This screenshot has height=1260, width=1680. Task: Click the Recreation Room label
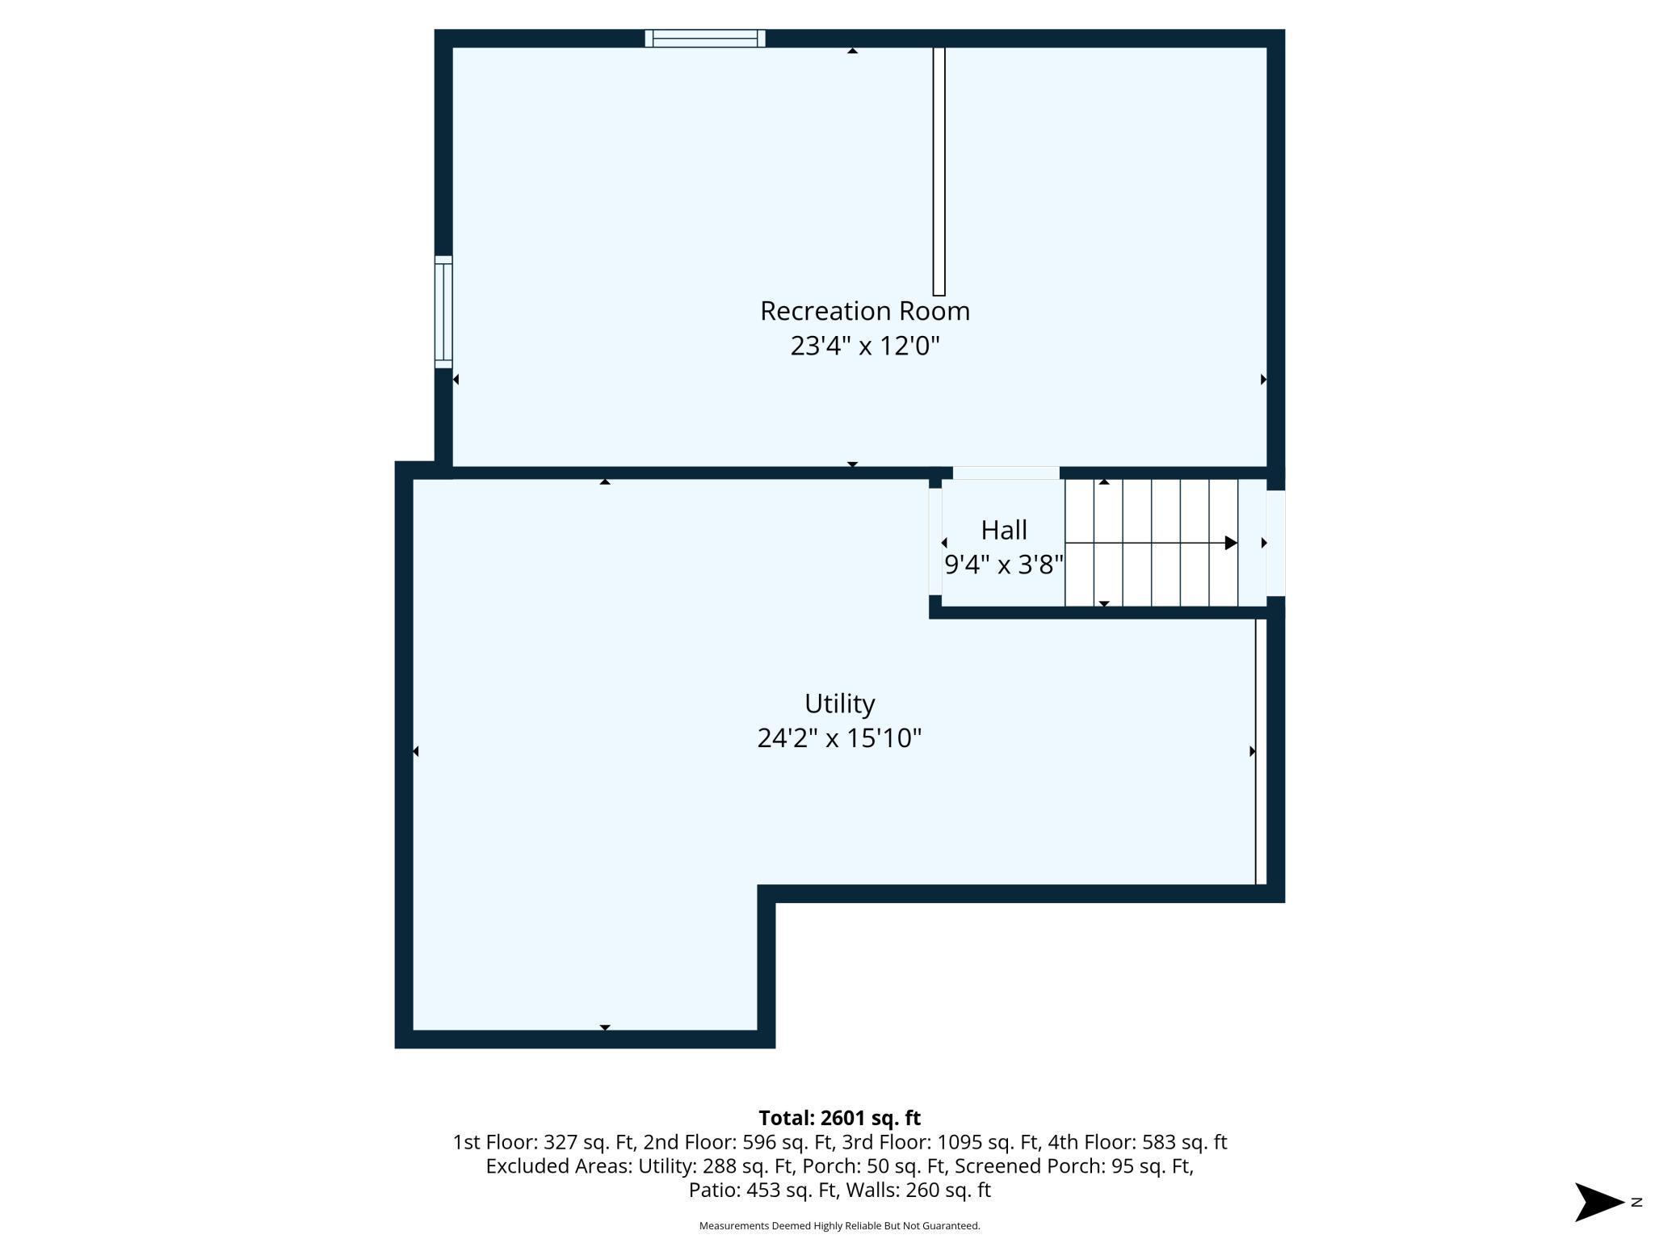(864, 311)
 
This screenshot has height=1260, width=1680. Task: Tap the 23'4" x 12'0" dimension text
(864, 346)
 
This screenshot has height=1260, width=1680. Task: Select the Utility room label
(839, 703)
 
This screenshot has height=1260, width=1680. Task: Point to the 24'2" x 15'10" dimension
(839, 738)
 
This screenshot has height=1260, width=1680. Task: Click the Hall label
(1004, 530)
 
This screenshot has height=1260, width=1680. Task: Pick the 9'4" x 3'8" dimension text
(1004, 565)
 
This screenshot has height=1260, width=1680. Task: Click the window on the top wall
(704, 38)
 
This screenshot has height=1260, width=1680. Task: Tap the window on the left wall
(443, 312)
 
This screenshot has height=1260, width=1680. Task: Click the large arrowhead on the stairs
(1231, 543)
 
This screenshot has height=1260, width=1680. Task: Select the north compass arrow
(1599, 1202)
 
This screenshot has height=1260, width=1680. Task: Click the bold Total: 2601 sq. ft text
(839, 1118)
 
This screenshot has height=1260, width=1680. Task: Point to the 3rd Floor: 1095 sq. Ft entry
(939, 1142)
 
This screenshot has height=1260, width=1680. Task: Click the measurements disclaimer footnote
(839, 1226)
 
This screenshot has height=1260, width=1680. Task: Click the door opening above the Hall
(1006, 472)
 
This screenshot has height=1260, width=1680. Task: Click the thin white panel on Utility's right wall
(1260, 751)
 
